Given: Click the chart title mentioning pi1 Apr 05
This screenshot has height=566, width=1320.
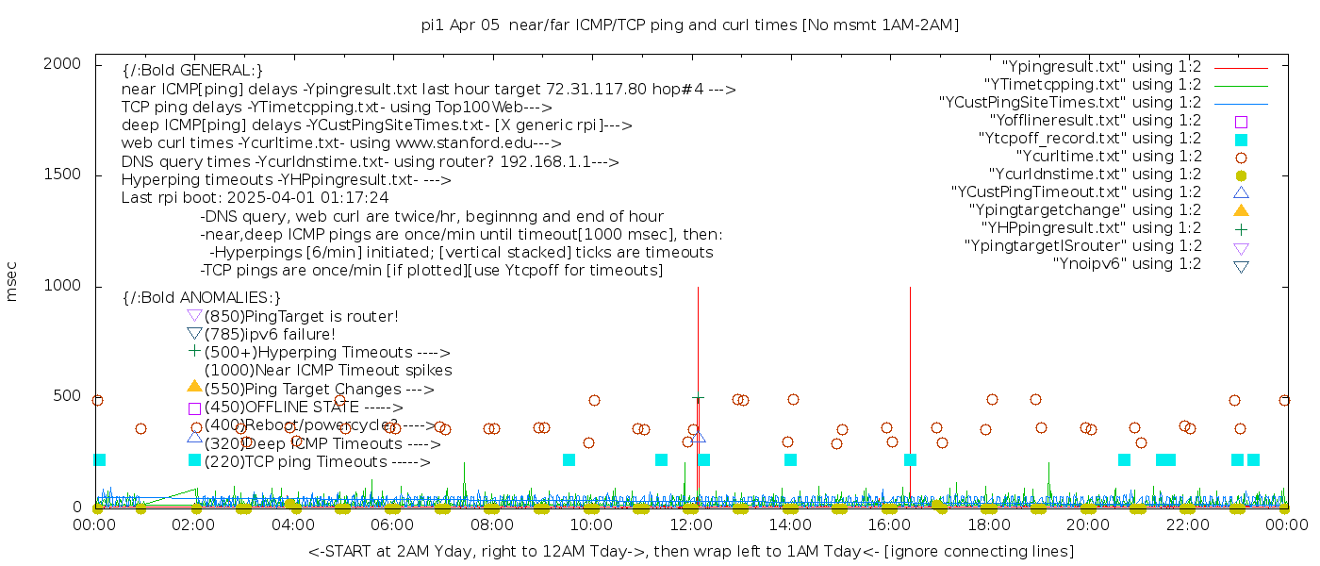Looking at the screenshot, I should tap(689, 25).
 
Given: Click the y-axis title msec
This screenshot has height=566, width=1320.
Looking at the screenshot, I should tap(11, 282).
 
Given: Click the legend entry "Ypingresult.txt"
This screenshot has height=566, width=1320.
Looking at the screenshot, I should tap(1101, 67).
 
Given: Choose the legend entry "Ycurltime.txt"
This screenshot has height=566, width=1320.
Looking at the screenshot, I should tap(1108, 157).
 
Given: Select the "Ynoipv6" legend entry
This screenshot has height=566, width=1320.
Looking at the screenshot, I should tap(1127, 264).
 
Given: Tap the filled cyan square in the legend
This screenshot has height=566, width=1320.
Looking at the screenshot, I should tap(1241, 140).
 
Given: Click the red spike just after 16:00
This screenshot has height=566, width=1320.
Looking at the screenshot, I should tap(910, 377).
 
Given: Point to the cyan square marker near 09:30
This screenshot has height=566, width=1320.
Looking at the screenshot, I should tap(569, 460).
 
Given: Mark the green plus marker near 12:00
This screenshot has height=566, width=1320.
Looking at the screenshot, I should tap(698, 400).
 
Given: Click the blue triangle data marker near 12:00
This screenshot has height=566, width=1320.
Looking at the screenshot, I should tap(698, 437).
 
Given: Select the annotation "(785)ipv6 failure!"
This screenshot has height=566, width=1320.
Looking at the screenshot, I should tap(270, 334).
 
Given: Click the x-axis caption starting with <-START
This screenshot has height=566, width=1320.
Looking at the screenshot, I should tap(690, 551).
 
